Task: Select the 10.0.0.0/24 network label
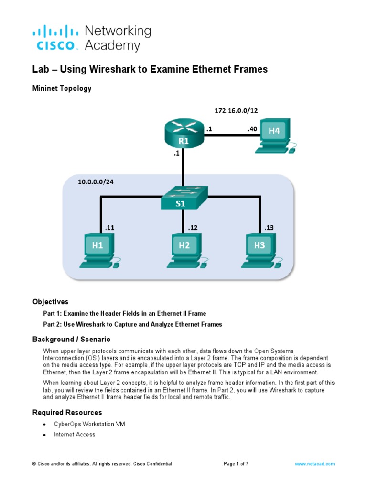tap(97, 181)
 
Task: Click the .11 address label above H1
tap(110, 228)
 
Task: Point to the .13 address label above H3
tap(268, 228)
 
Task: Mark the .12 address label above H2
tap(193, 228)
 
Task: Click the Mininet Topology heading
tap(62, 88)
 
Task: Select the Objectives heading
tap(50, 302)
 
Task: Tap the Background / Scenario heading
tap(71, 340)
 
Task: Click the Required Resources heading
tap(67, 412)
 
